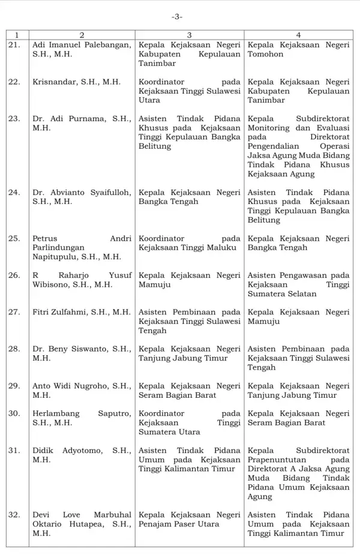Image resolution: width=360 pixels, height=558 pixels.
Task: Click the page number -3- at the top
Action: tap(177, 17)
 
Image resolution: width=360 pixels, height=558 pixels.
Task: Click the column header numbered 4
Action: tap(298, 35)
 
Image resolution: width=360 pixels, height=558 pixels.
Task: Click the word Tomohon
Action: tap(265, 54)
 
